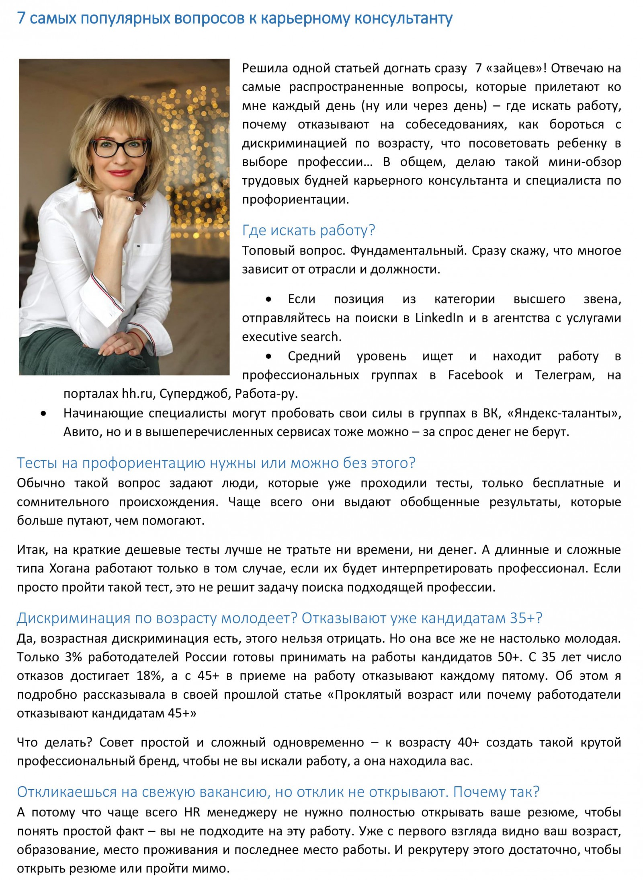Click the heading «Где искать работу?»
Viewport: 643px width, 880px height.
308,230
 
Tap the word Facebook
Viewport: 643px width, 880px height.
475,375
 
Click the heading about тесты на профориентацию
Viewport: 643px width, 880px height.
216,463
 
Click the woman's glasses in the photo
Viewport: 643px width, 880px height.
120,147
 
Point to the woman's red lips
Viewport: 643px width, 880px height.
120,173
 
